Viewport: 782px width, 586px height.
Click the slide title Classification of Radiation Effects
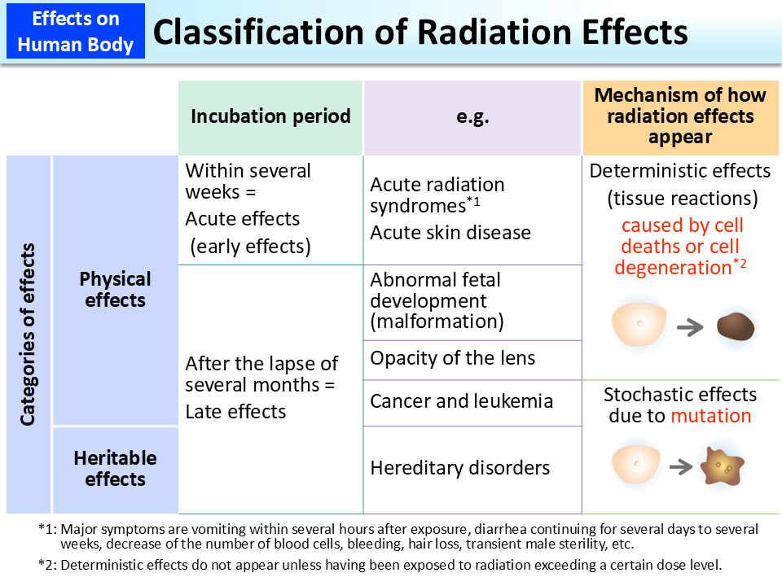click(420, 33)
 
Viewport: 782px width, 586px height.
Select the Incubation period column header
click(270, 116)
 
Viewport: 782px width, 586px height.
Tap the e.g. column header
click(472, 116)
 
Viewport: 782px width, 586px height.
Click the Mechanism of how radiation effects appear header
click(680, 116)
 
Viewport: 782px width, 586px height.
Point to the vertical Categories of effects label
click(29, 334)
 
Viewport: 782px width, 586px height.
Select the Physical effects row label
click(115, 290)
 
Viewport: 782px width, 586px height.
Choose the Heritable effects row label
click(115, 469)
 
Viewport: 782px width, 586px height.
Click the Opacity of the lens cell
click(453, 358)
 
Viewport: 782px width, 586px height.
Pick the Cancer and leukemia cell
click(461, 401)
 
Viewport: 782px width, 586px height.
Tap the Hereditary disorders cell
click(459, 468)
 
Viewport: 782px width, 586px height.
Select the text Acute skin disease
click(450, 233)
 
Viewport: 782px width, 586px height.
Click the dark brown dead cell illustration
click(736, 328)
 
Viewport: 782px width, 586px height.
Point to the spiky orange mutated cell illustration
click(723, 466)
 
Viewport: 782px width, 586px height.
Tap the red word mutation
click(710, 416)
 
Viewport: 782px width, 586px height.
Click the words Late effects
click(235, 412)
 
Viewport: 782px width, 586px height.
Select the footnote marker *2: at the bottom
click(48, 564)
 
